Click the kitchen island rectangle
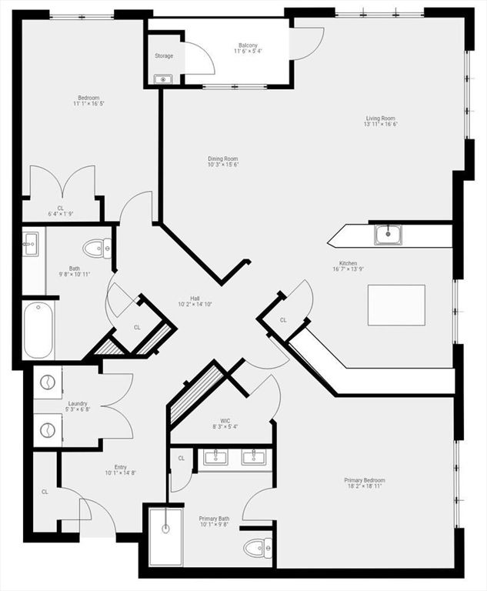(x=396, y=305)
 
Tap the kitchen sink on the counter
(x=389, y=235)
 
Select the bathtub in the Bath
(x=38, y=330)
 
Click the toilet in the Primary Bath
(x=258, y=549)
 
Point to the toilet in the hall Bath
(x=97, y=249)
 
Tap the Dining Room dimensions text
(x=223, y=165)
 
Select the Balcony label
(x=248, y=45)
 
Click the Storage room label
(x=164, y=55)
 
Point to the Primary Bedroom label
(x=365, y=480)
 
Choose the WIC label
(x=225, y=421)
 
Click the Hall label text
(x=195, y=298)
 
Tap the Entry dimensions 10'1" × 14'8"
(x=121, y=472)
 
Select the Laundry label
(x=78, y=403)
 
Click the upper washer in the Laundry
(x=48, y=382)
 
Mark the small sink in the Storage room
(x=163, y=79)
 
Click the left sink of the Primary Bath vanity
(x=215, y=456)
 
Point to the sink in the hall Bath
(x=30, y=244)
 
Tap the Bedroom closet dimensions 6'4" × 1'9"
(x=61, y=214)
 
